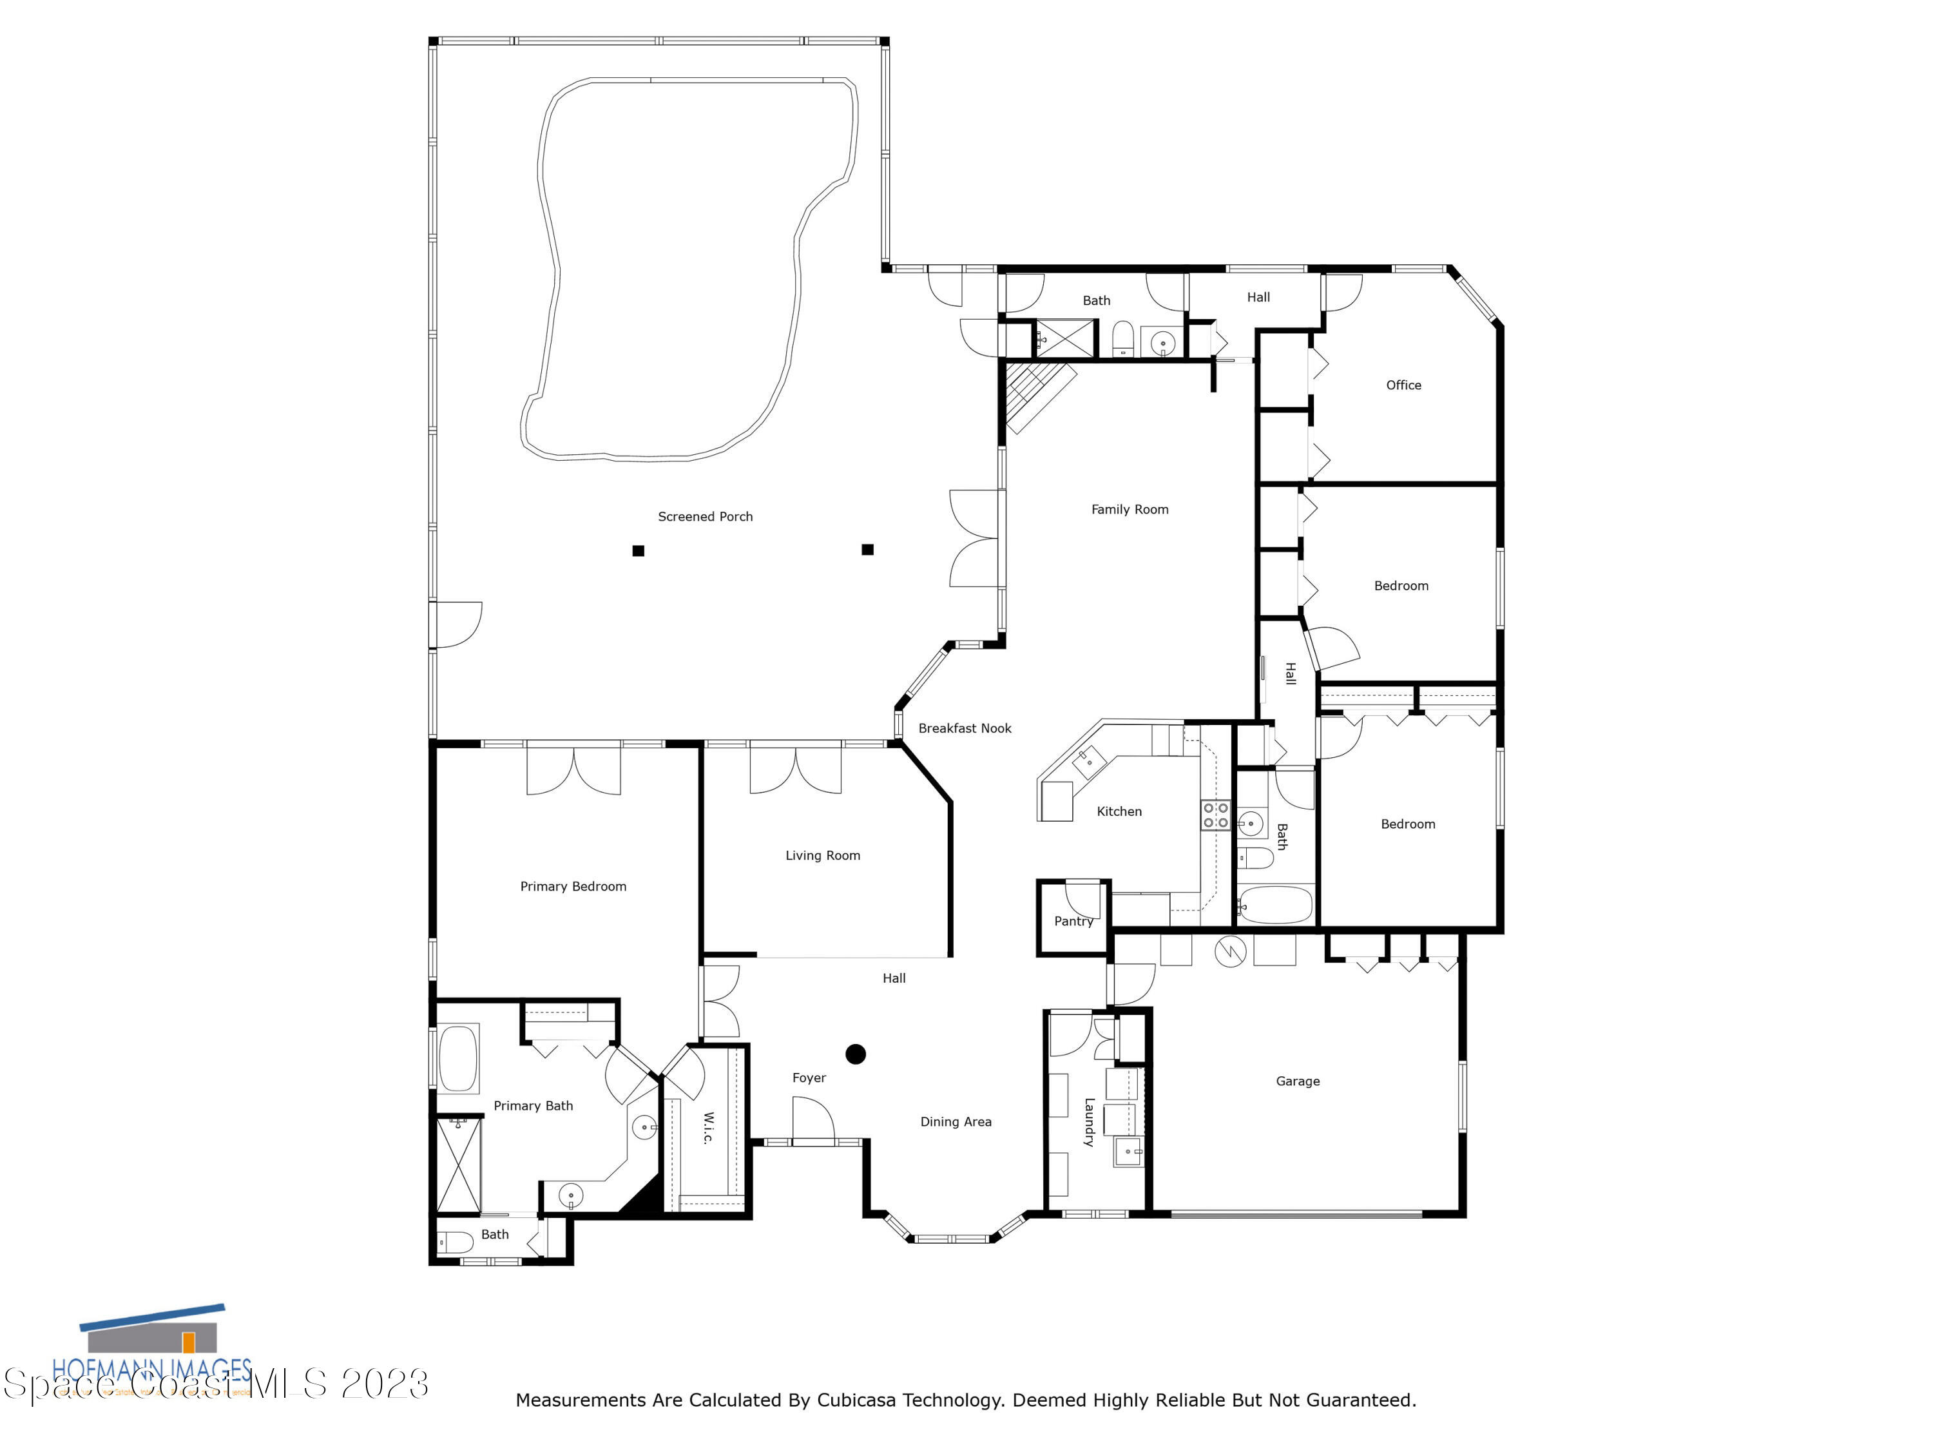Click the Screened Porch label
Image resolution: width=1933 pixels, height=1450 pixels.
pyautogui.click(x=704, y=517)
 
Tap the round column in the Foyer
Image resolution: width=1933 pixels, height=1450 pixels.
pyautogui.click(x=856, y=1054)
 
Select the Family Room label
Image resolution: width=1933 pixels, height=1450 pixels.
pyautogui.click(x=1129, y=510)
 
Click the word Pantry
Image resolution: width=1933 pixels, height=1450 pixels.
pyautogui.click(x=1073, y=921)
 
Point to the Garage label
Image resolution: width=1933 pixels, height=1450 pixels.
pyautogui.click(x=1297, y=1081)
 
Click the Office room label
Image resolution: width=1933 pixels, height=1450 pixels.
pyautogui.click(x=1403, y=385)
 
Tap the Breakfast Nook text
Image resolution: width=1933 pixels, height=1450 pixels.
pyautogui.click(x=964, y=728)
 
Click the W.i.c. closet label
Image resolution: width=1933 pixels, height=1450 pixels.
pyautogui.click(x=709, y=1128)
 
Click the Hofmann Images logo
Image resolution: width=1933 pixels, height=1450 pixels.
pyautogui.click(x=153, y=1350)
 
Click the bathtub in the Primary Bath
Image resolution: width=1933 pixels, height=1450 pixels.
pyautogui.click(x=458, y=1058)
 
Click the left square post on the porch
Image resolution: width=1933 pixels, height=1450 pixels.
pyautogui.click(x=638, y=550)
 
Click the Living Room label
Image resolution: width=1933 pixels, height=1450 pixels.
pyautogui.click(x=822, y=856)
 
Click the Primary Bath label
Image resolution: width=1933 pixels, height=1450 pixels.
pyautogui.click(x=533, y=1106)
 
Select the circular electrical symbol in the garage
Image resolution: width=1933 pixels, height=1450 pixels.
pyautogui.click(x=1229, y=951)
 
